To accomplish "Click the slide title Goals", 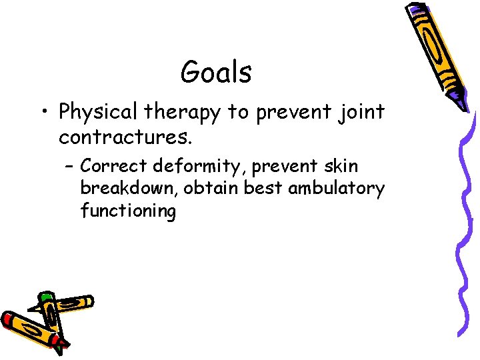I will (216, 72).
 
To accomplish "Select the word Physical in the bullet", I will (98, 113).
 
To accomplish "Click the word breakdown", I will (129, 189).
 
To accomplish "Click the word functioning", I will (128, 212).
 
